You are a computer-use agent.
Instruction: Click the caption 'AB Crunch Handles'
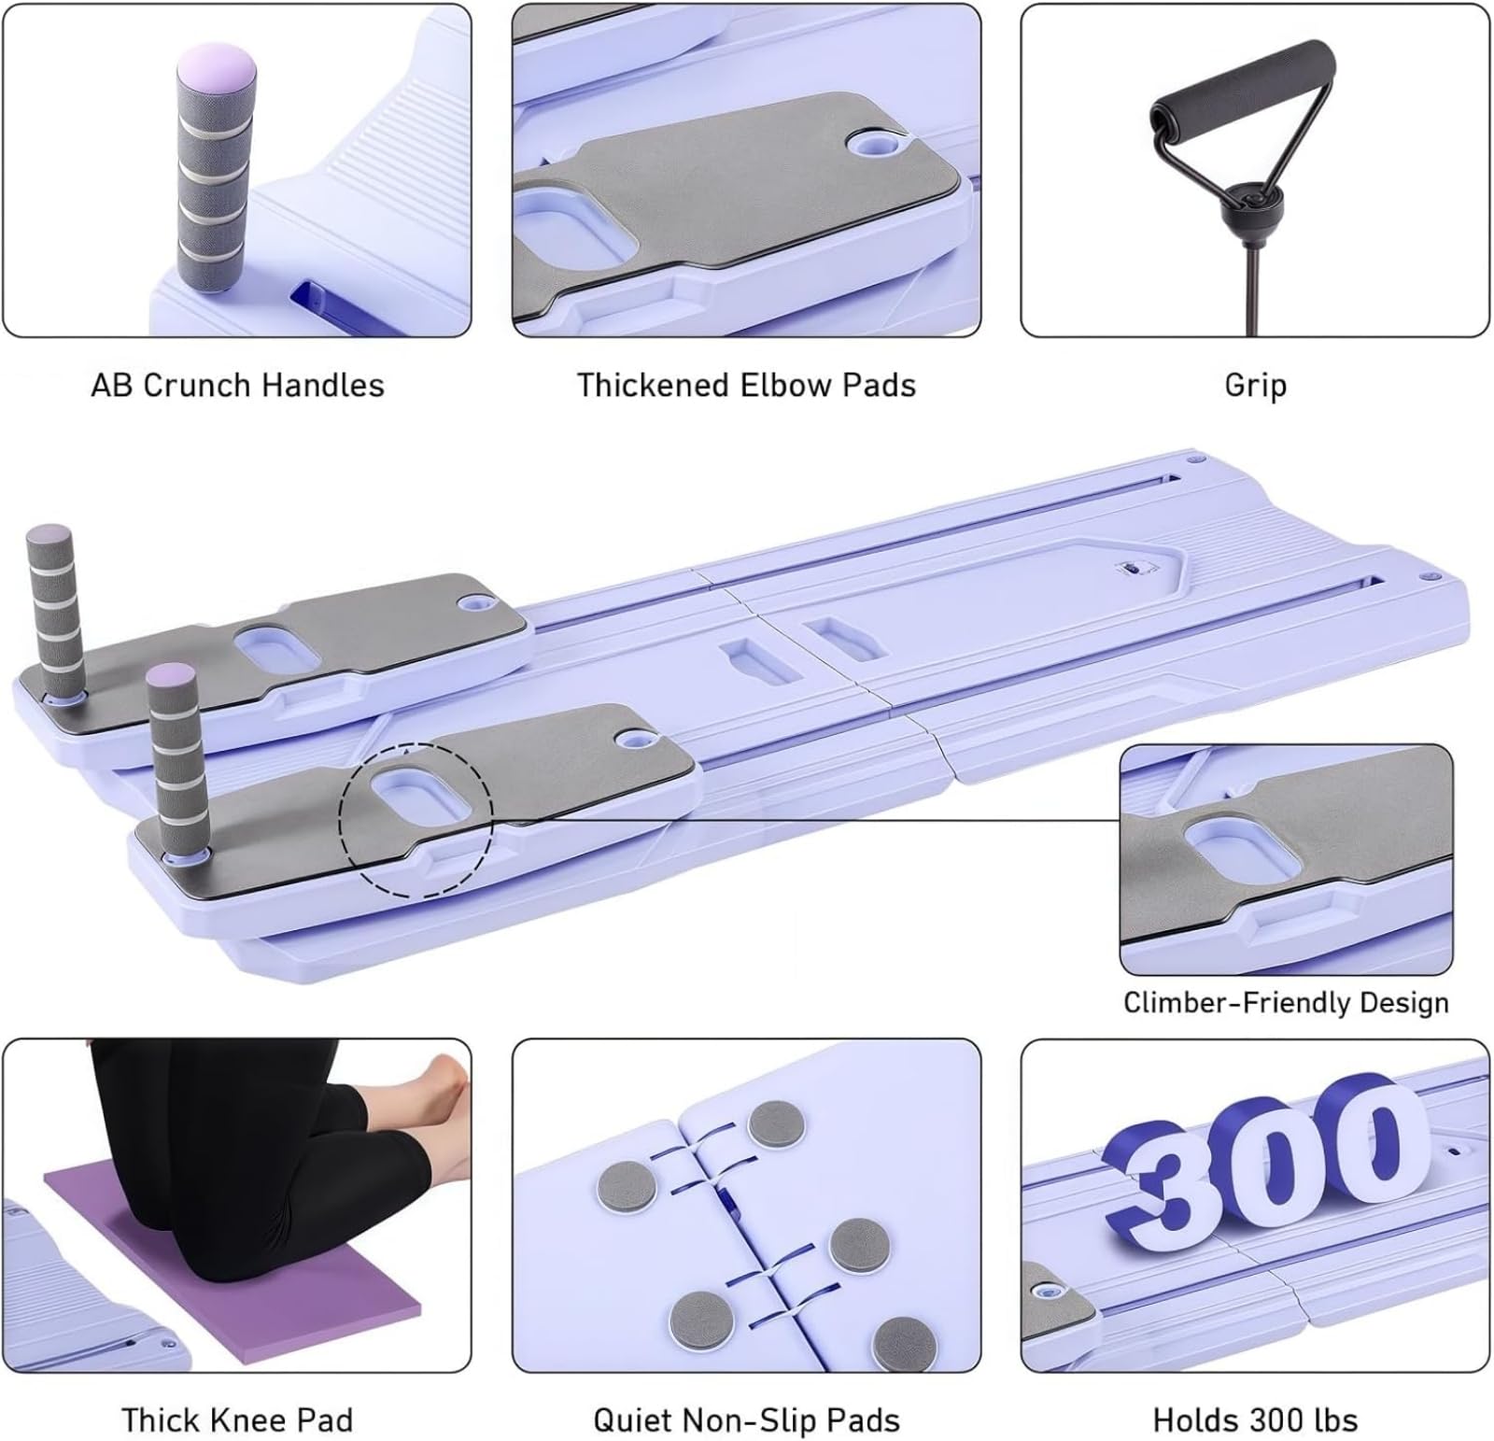pyautogui.click(x=237, y=386)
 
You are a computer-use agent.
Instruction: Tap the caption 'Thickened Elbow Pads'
pyautogui.click(x=746, y=386)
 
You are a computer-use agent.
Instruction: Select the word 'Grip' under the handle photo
pyautogui.click(x=1255, y=386)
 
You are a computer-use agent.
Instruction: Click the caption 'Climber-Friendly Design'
pyautogui.click(x=1286, y=1003)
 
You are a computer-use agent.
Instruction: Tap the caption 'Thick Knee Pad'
pyautogui.click(x=237, y=1420)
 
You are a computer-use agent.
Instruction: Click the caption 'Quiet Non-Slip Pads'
pyautogui.click(x=746, y=1420)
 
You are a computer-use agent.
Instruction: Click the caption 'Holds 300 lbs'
pyautogui.click(x=1255, y=1420)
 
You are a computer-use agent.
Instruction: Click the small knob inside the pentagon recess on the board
pyautogui.click(x=1131, y=567)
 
